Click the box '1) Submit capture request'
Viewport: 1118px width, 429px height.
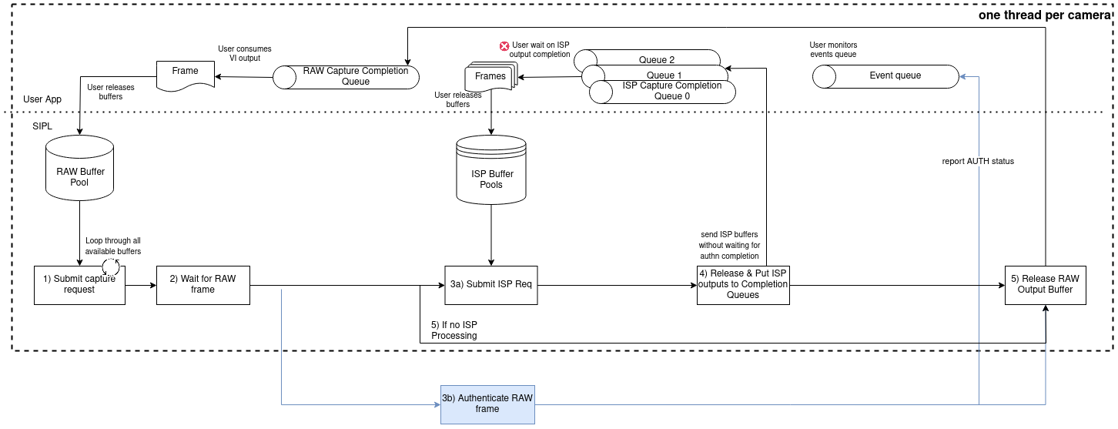pyautogui.click(x=79, y=285)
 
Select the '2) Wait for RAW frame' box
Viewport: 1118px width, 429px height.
pyautogui.click(x=203, y=285)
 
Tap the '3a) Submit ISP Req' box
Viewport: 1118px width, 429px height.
pyautogui.click(x=490, y=285)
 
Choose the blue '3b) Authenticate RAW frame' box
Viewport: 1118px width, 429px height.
pyautogui.click(x=487, y=404)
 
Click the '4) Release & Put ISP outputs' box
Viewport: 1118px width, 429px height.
pyautogui.click(x=743, y=285)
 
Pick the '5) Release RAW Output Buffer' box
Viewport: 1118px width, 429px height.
pyautogui.click(x=1045, y=285)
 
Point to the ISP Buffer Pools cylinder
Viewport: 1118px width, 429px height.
pyautogui.click(x=491, y=171)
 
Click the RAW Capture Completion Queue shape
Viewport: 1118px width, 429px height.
pyautogui.click(x=346, y=77)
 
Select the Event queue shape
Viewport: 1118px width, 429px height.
pyautogui.click(x=886, y=76)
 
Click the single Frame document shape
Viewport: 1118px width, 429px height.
pyautogui.click(x=185, y=75)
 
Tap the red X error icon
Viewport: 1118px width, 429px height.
pyautogui.click(x=504, y=46)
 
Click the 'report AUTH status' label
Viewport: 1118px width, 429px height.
pyautogui.click(x=978, y=162)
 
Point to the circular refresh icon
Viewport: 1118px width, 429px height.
pyautogui.click(x=111, y=266)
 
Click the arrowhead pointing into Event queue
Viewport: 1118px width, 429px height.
pyautogui.click(x=962, y=76)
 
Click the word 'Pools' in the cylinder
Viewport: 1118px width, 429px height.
pyautogui.click(x=491, y=185)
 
